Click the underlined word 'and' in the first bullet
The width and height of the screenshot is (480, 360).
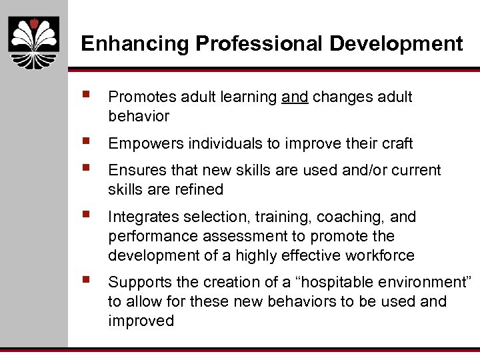tap(295, 97)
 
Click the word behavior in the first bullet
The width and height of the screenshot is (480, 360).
tap(139, 117)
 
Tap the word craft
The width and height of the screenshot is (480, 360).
tap(397, 143)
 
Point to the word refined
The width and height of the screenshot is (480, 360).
tap(198, 190)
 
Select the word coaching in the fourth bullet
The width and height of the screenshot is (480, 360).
tap(346, 217)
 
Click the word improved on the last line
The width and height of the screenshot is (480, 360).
tap(141, 321)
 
